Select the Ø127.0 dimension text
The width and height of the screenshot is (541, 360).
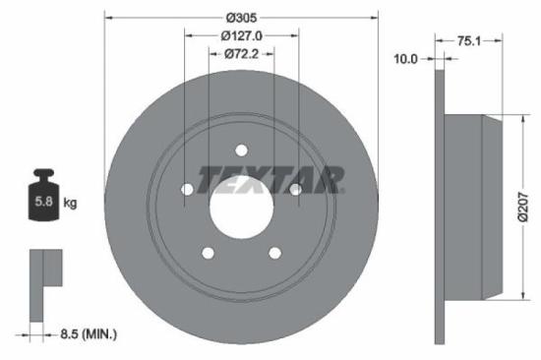pos(241,35)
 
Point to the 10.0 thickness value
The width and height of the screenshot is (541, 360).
pos(405,59)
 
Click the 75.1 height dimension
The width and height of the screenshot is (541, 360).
pos(471,41)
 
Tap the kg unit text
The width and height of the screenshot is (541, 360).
pos(70,203)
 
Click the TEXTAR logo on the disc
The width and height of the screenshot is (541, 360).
pos(270,179)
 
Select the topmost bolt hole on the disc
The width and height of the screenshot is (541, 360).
pos(241,150)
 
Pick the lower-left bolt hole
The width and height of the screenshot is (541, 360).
pos(208,253)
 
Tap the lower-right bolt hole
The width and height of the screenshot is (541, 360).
pos(274,253)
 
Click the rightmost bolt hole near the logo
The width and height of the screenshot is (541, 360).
pos(295,190)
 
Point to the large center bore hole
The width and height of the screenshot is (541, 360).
pos(241,208)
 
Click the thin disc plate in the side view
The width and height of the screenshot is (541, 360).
pos(439,207)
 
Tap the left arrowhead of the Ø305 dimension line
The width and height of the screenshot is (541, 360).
pos(107,17)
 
